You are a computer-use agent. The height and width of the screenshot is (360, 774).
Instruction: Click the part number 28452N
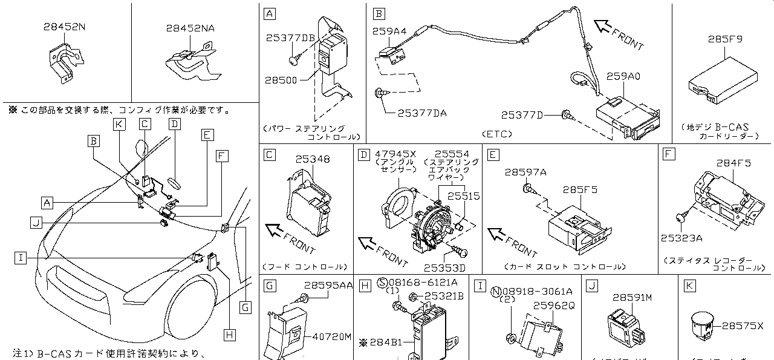point(64,27)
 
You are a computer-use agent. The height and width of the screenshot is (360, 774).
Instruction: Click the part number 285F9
point(725,39)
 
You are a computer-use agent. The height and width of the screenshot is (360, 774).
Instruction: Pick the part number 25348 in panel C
point(313,159)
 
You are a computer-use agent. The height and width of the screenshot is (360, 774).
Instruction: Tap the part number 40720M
point(331,336)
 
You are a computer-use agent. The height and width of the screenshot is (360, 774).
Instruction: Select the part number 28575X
point(743,326)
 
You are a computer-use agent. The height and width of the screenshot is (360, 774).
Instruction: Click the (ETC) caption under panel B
point(498,134)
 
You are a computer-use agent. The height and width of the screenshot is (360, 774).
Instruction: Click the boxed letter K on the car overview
point(120,124)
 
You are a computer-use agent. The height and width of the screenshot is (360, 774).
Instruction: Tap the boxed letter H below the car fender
point(229,334)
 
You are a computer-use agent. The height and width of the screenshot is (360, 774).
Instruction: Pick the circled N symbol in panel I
point(495,290)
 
